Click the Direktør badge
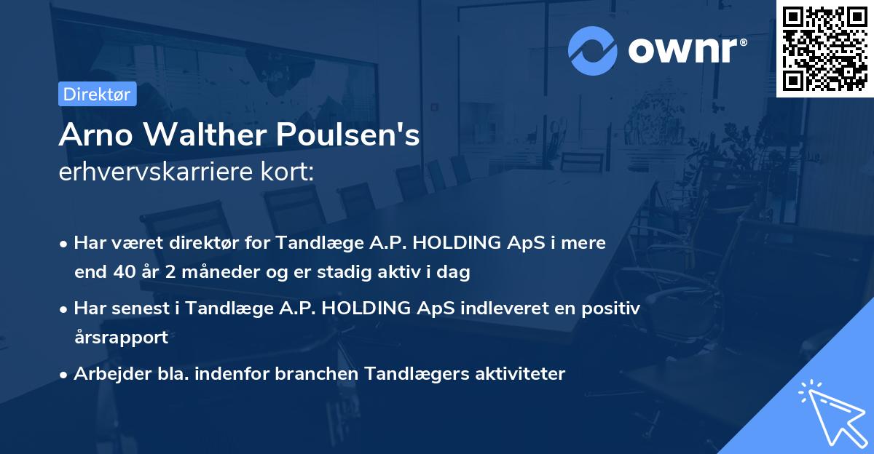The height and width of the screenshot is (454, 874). tap(97, 94)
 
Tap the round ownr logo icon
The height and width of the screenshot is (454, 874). tap(593, 51)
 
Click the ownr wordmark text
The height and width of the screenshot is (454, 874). tap(685, 51)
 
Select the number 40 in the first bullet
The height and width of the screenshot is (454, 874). tap(124, 273)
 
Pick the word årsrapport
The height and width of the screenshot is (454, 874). tap(121, 338)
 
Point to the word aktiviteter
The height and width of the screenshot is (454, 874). tap(520, 374)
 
